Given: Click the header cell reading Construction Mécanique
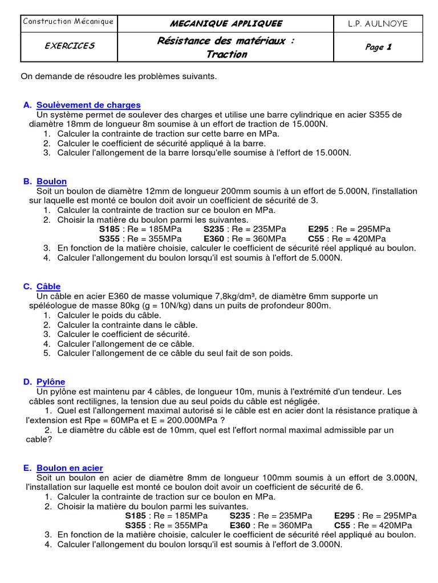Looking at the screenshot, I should pos(68,22).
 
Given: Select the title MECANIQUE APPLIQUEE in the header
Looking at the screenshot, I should pos(226,23).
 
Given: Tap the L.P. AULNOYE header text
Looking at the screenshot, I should pos(378,23).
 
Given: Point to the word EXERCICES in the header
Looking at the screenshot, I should pos(70,46).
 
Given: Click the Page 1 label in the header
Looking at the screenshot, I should pos(378,47).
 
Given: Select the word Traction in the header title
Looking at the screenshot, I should pos(226,55).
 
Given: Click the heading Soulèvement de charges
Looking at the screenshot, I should pos(88,105).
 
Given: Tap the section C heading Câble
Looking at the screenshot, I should pos(48,286).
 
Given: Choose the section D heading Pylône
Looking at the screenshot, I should pos(51,381).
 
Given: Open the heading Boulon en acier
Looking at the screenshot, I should pos(70,468).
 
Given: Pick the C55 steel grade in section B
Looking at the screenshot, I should pos(318,239).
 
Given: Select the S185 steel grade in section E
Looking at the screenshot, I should pos(136,516).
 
